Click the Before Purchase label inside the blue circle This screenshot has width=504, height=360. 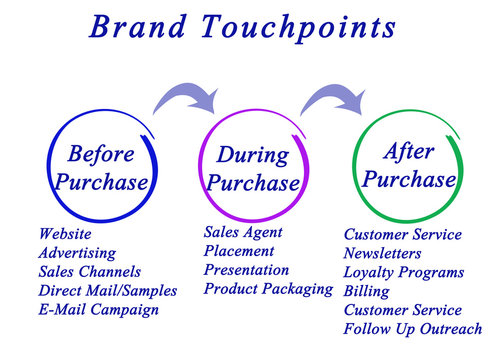(101, 168)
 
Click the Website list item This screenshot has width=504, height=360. (65, 234)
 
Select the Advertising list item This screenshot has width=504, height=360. (77, 253)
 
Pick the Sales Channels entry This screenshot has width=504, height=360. (89, 272)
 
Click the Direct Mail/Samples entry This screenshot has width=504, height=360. (107, 291)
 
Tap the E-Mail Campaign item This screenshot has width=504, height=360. (98, 310)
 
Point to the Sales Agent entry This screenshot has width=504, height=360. (243, 232)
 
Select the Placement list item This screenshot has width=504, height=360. (238, 251)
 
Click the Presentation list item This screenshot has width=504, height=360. (246, 270)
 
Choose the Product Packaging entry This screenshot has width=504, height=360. (268, 289)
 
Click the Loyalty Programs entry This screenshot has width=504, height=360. (403, 272)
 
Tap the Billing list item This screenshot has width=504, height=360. (366, 291)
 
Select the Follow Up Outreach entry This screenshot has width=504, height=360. (412, 329)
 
